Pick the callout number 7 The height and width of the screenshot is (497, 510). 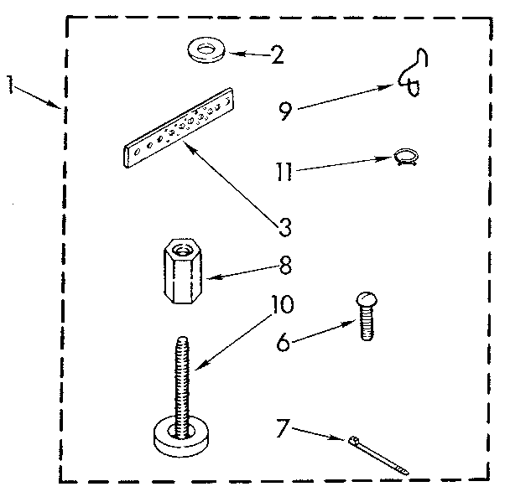pyautogui.click(x=284, y=430)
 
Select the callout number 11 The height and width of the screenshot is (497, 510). pyautogui.click(x=284, y=173)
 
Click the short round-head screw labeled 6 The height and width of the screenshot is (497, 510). pyautogui.click(x=366, y=316)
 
